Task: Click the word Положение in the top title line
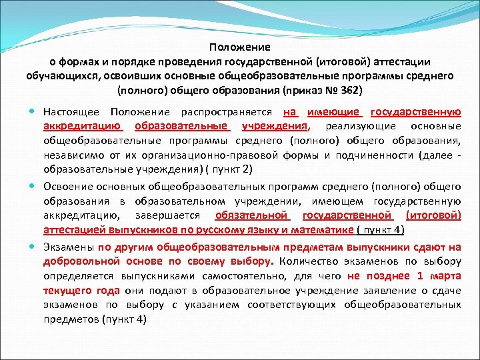pyautogui.click(x=239, y=47)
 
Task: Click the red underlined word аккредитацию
pyautogui.click(x=82, y=126)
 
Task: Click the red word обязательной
pyautogui.click(x=252, y=216)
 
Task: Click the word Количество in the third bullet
pyautogui.click(x=317, y=261)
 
